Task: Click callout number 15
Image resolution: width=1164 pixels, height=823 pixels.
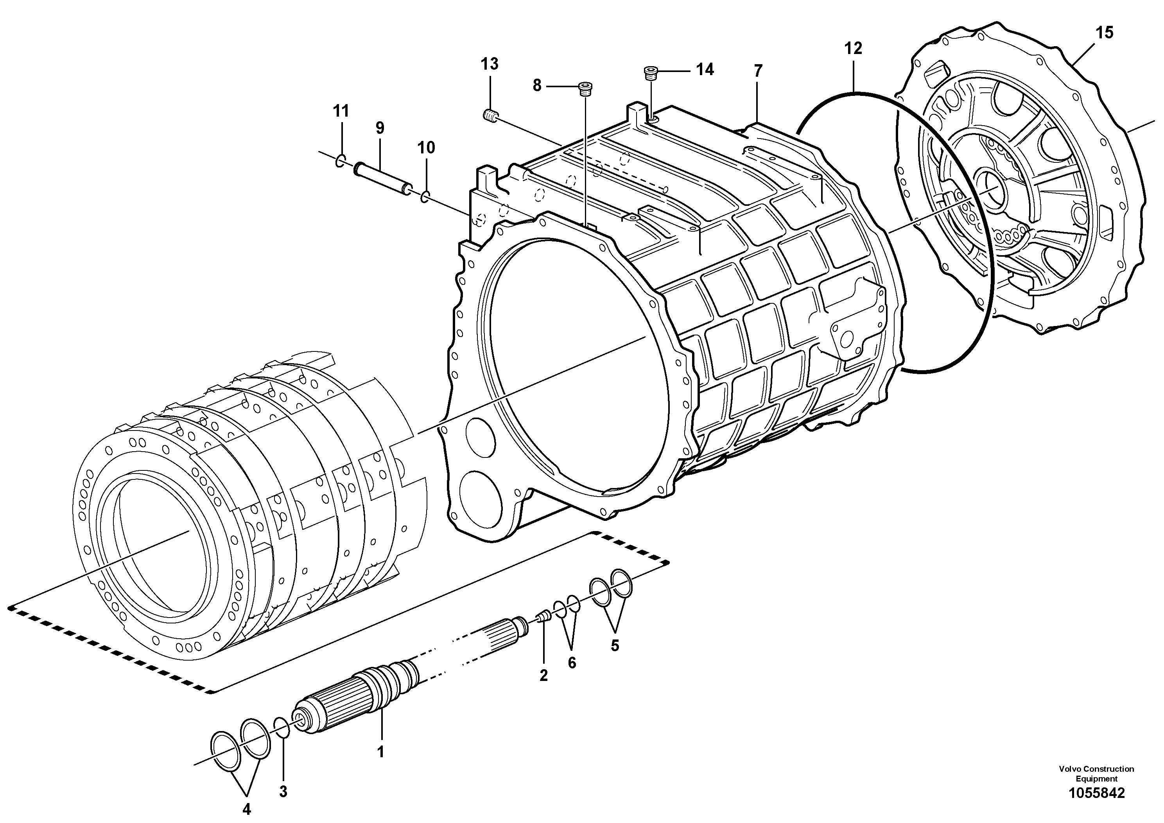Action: point(1104,33)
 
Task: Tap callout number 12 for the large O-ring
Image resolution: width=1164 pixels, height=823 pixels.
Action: point(853,49)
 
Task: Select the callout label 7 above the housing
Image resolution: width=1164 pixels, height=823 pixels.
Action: point(757,71)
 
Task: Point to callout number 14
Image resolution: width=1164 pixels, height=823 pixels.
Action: point(705,70)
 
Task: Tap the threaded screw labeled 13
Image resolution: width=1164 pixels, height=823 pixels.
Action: point(490,116)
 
